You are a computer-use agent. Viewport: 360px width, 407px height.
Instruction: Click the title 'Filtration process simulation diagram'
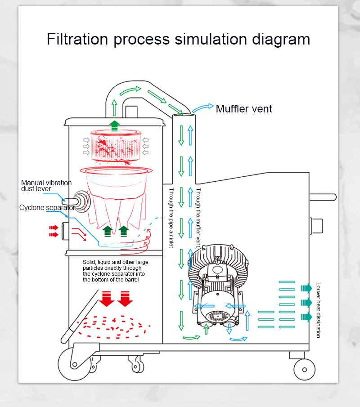click(x=178, y=39)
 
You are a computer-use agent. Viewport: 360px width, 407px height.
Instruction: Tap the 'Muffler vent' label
click(x=244, y=109)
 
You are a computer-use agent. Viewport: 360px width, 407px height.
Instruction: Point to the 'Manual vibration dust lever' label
click(x=46, y=186)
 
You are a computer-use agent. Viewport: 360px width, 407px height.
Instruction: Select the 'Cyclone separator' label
click(x=47, y=208)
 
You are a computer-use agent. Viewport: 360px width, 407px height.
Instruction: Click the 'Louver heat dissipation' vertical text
click(x=318, y=310)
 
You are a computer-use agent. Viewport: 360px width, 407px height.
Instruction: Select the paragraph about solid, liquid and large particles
click(x=115, y=271)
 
